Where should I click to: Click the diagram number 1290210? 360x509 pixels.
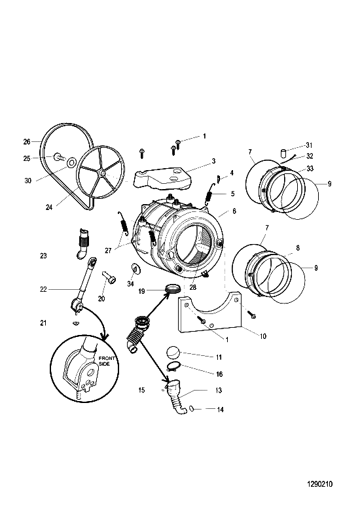click(x=319, y=484)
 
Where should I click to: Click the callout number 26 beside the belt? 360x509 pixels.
click(x=27, y=141)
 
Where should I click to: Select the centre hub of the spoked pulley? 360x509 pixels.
click(x=102, y=174)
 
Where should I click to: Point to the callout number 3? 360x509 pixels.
click(x=213, y=161)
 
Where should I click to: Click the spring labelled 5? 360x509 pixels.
click(x=209, y=195)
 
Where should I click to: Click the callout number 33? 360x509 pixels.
click(x=310, y=169)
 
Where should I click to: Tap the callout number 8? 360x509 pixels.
click(x=298, y=248)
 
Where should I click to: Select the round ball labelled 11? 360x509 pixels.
click(x=173, y=352)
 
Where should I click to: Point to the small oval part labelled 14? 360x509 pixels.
click(x=191, y=408)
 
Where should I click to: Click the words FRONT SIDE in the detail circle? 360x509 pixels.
click(x=107, y=361)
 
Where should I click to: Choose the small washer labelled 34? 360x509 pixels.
click(x=134, y=269)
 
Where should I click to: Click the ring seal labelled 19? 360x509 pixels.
click(x=173, y=288)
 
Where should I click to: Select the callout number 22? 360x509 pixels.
click(x=43, y=289)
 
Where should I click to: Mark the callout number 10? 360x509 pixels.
click(x=263, y=336)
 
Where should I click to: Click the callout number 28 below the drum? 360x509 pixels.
click(x=193, y=287)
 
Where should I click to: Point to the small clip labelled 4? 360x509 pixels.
click(x=219, y=179)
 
